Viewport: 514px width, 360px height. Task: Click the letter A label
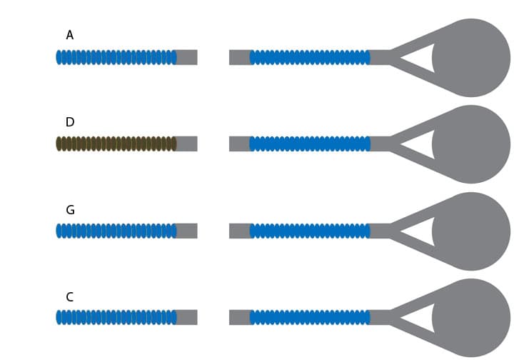point(69,35)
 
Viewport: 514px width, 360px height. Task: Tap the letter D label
point(69,122)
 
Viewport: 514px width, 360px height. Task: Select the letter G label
point(70,210)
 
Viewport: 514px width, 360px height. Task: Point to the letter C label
point(69,297)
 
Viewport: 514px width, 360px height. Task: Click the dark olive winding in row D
point(116,144)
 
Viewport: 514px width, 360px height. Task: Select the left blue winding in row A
point(116,57)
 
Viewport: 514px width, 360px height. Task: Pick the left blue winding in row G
point(116,231)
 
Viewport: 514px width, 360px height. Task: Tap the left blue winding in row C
point(116,317)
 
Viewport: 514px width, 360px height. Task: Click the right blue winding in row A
point(310,57)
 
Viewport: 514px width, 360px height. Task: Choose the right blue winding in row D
point(310,144)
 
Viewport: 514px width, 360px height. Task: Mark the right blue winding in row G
point(310,231)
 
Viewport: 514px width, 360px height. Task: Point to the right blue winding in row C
point(310,317)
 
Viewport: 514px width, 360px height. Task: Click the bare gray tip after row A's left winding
point(187,57)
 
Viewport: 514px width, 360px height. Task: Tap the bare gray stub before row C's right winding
point(239,317)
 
